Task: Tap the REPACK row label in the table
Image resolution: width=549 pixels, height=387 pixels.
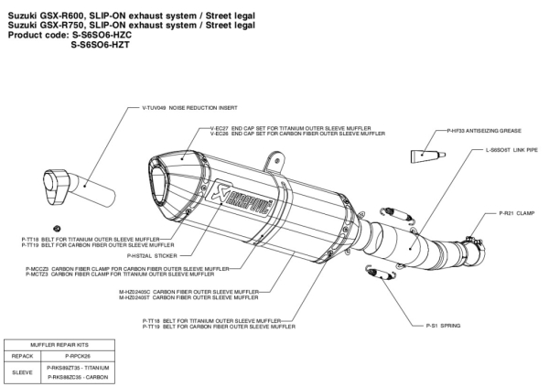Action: coord(22,355)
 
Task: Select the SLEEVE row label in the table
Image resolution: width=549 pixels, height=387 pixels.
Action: coord(22,371)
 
